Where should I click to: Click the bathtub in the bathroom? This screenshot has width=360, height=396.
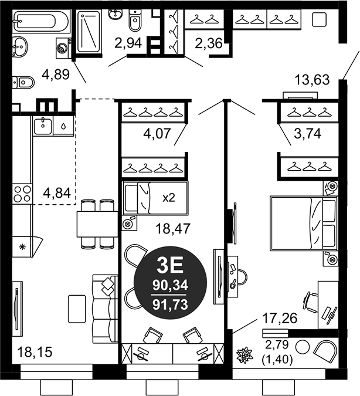(40, 21)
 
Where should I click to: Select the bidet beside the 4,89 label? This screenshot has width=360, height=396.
(23, 82)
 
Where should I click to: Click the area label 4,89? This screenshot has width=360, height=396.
(56, 75)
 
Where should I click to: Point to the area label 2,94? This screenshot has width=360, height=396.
(128, 43)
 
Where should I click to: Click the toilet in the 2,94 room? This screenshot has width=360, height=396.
(135, 20)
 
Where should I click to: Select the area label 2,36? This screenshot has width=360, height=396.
(209, 43)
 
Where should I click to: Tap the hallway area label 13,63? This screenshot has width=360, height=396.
(312, 80)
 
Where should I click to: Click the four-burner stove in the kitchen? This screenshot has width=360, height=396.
(22, 194)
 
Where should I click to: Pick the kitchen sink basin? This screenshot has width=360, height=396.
(43, 126)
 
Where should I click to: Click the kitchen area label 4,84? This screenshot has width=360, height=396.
(57, 194)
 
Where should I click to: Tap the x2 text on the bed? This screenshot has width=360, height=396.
(169, 198)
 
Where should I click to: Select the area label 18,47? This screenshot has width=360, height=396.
(173, 229)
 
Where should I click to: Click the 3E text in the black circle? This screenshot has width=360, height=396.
(170, 266)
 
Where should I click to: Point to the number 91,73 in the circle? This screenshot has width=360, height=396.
(171, 304)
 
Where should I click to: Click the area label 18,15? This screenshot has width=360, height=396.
(35, 352)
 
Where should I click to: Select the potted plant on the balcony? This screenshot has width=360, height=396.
(244, 355)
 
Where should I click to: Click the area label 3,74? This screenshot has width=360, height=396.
(307, 133)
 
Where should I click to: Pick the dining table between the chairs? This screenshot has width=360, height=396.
(97, 224)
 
